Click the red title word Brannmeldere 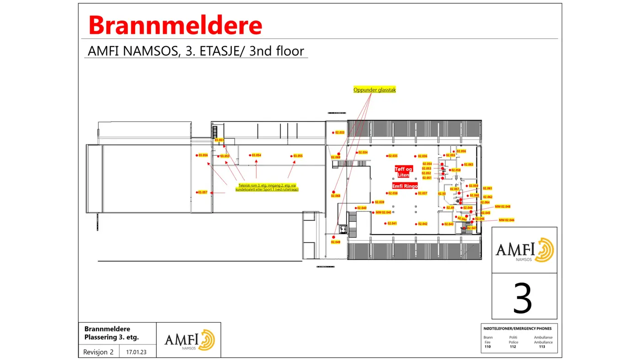(175, 25)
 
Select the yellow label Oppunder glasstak (374, 90)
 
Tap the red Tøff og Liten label (403, 172)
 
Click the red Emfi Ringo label (405, 186)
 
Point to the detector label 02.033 (340, 132)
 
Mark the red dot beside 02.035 (387, 156)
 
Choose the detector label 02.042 (422, 224)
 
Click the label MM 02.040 (383, 212)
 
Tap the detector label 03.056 (203, 155)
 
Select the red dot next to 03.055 (291, 156)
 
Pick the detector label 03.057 (203, 192)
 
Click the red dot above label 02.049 (333, 237)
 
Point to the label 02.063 (468, 164)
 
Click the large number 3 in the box (523, 297)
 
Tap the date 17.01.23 (136, 352)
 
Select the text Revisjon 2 (98, 352)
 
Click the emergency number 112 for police (513, 347)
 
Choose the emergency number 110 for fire (487, 347)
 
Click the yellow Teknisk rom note (267, 187)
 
